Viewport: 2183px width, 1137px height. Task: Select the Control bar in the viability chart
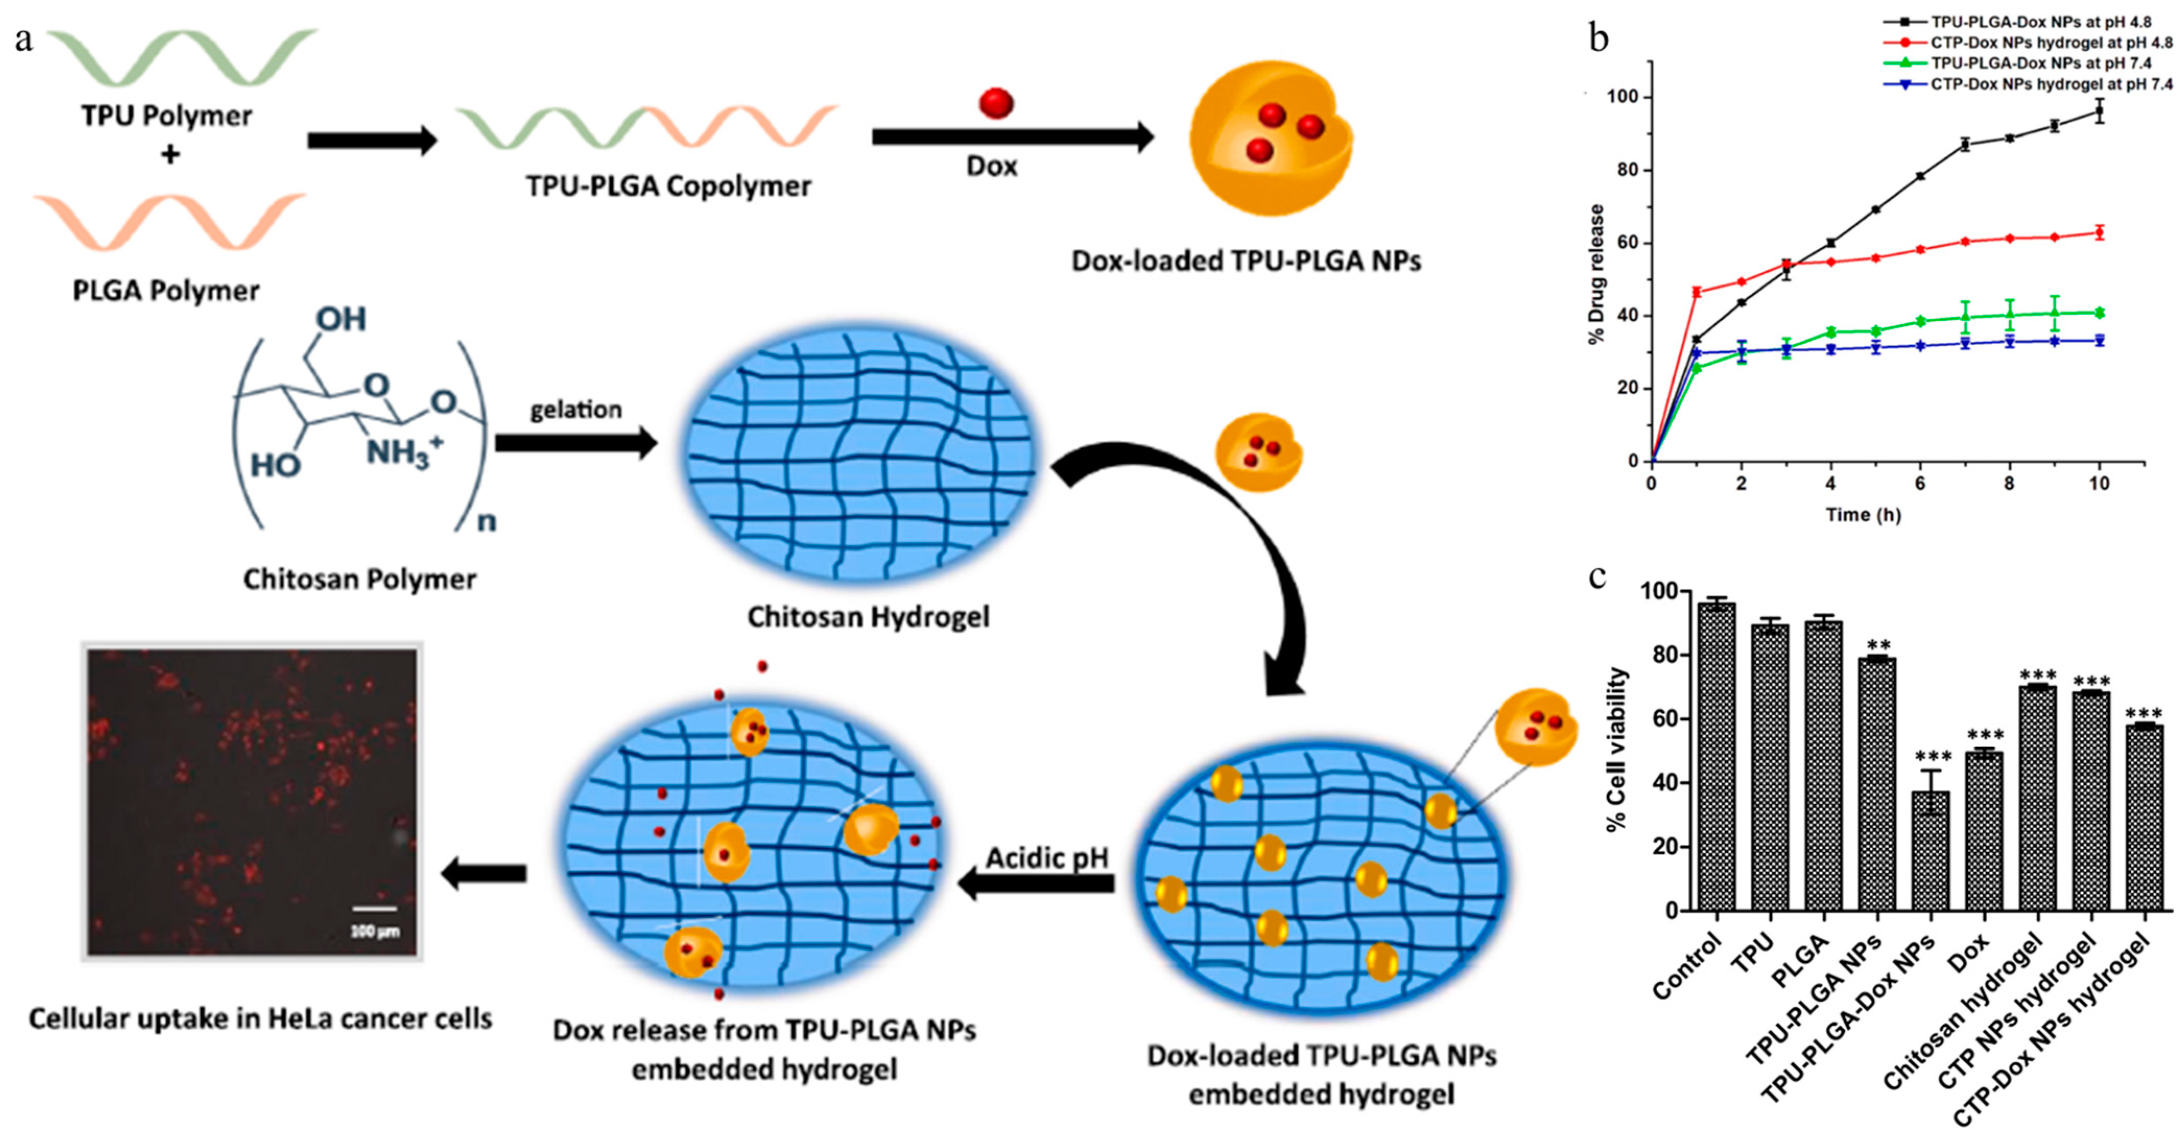click(x=1716, y=757)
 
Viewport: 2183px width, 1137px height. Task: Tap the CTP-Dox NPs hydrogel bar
click(x=2144, y=818)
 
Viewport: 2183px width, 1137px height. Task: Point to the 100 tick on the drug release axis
click(x=1622, y=98)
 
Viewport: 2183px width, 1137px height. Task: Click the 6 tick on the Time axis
click(x=1919, y=484)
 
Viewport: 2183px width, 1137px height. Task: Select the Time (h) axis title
click(x=1862, y=515)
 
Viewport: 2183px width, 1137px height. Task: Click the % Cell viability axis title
click(x=1617, y=750)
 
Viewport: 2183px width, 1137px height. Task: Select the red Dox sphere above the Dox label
click(x=996, y=102)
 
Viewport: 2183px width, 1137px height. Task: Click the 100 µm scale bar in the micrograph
click(x=374, y=909)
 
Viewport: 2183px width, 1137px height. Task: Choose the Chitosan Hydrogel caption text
click(x=868, y=617)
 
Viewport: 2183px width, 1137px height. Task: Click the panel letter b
click(x=1598, y=38)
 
